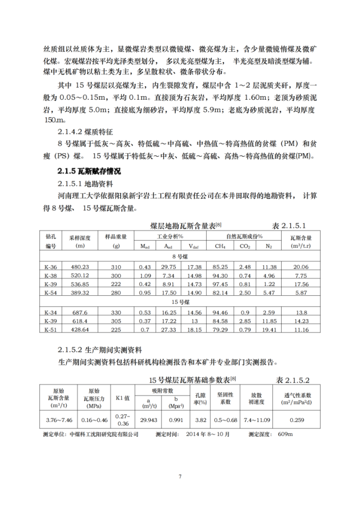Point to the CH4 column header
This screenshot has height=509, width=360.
coord(220,246)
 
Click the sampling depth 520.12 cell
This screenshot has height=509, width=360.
coord(80,275)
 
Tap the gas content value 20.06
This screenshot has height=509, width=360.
coord(301,267)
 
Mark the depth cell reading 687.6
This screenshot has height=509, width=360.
coord(80,312)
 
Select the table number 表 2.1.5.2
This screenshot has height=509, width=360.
coord(293,379)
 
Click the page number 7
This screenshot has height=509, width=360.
coord(180,476)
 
